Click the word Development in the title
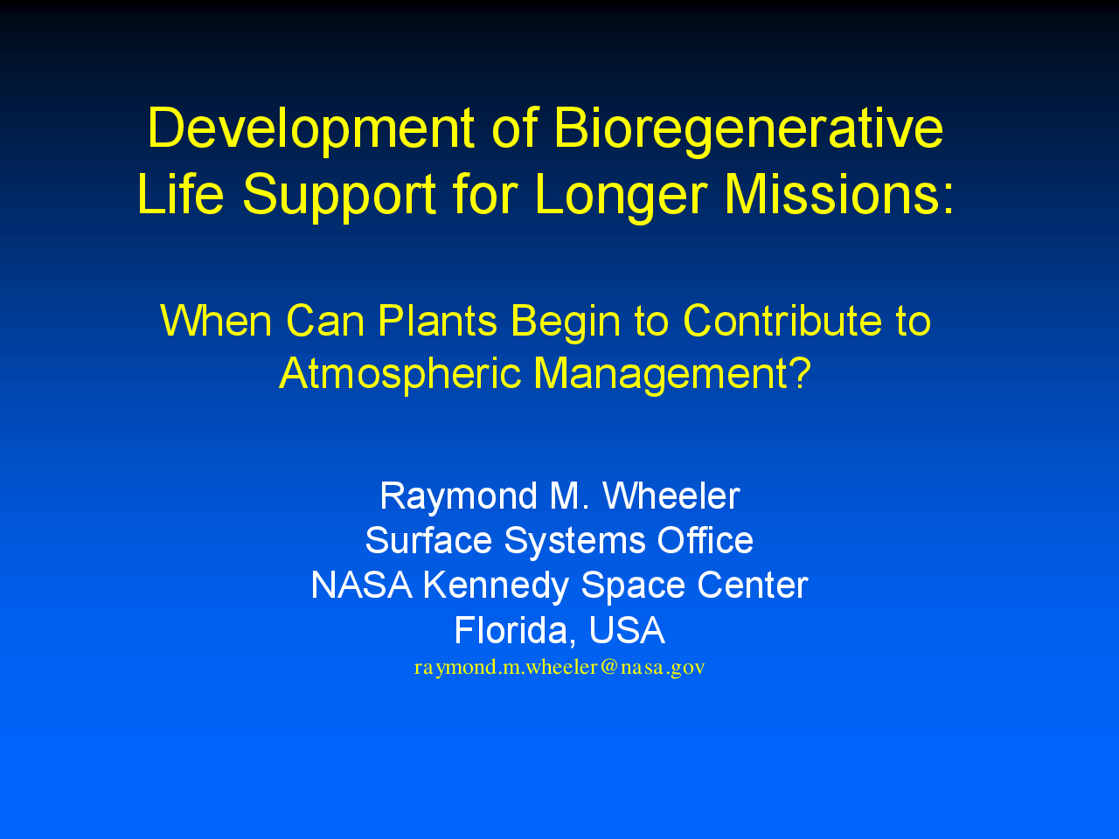coord(311,130)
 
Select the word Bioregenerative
coord(748,130)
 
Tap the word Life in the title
coord(180,195)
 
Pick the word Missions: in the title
coord(839,195)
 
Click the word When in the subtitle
coord(216,321)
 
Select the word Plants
coord(437,321)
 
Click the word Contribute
coord(782,321)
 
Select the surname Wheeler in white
coord(671,496)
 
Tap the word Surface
coord(428,540)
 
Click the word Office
coord(705,540)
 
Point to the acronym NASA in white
coord(361,586)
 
